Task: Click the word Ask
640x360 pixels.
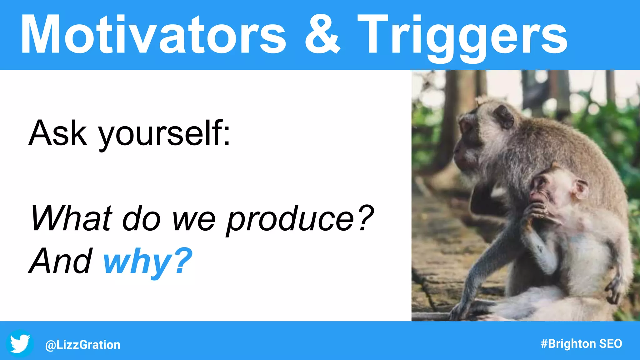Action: [58, 133]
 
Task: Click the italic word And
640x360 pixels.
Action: [61, 261]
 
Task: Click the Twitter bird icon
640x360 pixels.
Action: [20, 343]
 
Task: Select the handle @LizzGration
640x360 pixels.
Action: [83, 345]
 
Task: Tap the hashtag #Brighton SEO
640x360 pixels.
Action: [581, 344]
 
